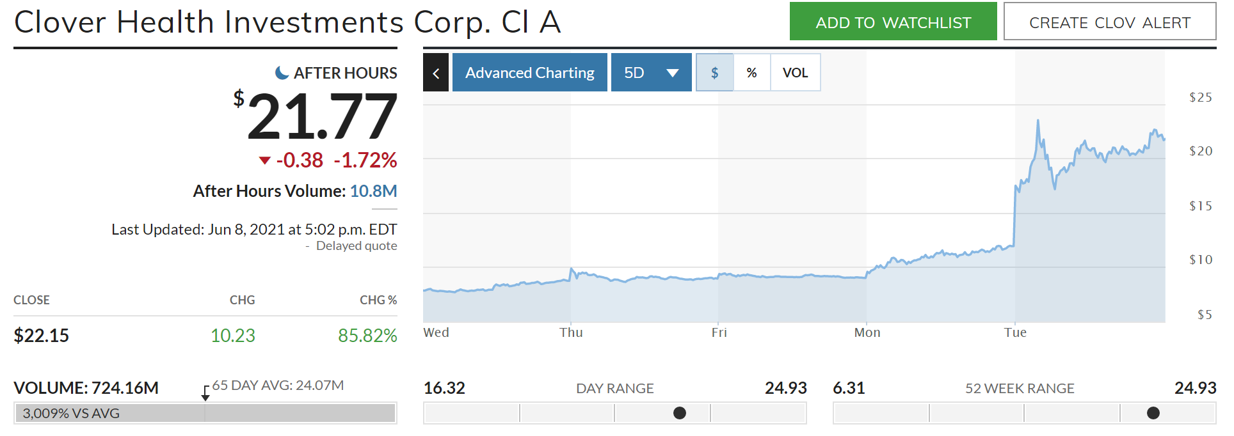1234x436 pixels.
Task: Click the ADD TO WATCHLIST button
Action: point(893,22)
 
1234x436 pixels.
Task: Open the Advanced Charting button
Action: point(529,73)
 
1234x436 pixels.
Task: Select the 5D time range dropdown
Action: point(651,73)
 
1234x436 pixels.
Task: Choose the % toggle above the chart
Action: point(751,73)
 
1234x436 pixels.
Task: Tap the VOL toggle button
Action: point(795,73)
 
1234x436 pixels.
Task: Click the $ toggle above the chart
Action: point(714,73)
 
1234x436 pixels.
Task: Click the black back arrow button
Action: point(436,73)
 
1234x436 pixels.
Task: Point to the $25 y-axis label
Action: point(1200,98)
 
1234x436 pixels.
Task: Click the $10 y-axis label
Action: point(1200,260)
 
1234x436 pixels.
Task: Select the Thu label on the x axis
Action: point(571,333)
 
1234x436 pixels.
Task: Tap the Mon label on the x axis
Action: point(867,333)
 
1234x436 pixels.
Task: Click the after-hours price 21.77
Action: point(322,116)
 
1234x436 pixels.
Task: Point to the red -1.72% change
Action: point(365,160)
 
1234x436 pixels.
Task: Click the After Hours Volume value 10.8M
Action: point(373,191)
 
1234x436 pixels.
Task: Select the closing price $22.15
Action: point(42,336)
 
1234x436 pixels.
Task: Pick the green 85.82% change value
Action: point(367,336)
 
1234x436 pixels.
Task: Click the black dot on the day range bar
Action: point(680,413)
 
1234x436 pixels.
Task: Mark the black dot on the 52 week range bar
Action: point(1153,413)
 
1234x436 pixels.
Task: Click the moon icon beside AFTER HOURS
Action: point(282,73)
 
